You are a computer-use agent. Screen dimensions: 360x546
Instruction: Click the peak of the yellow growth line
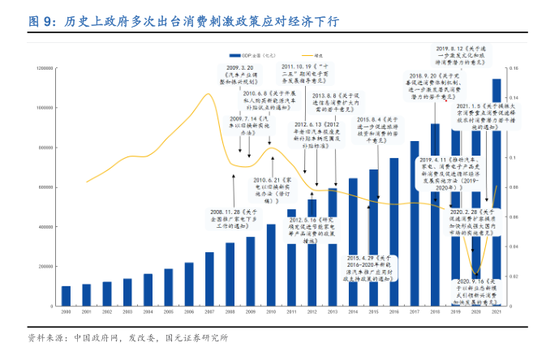209,95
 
